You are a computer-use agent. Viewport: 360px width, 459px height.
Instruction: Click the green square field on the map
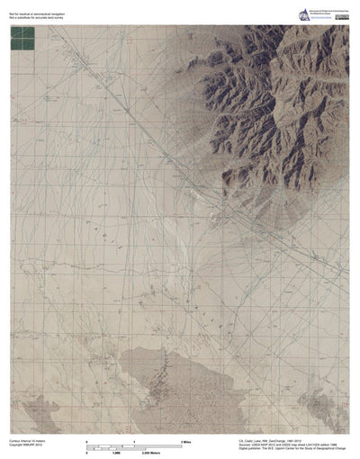[x=22, y=38]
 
